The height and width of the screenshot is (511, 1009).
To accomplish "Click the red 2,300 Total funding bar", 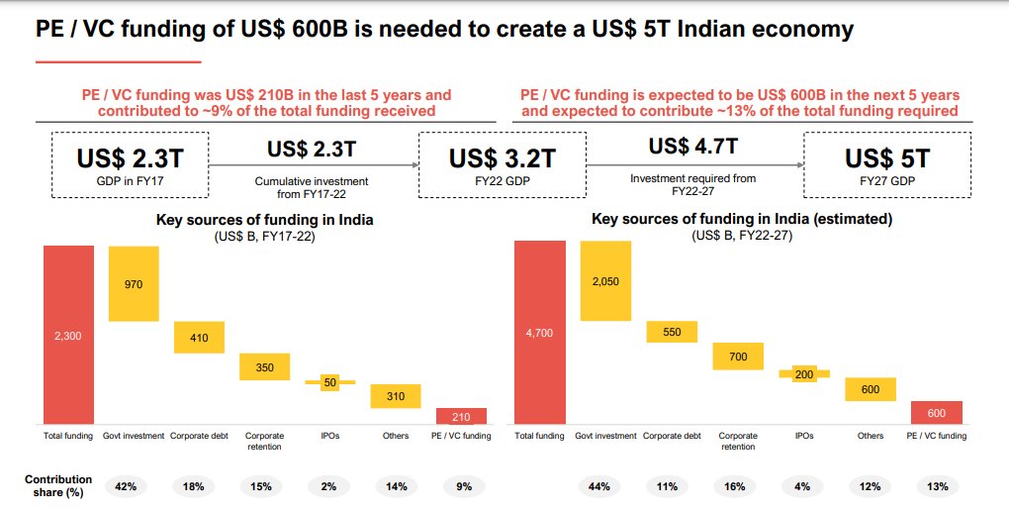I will pos(68,335).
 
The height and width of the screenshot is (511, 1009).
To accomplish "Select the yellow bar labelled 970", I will pos(134,283).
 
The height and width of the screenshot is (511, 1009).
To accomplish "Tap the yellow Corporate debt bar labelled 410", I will pos(199,338).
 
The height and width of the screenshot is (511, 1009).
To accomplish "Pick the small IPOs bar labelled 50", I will pos(329,382).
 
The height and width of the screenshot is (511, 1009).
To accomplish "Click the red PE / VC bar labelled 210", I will pos(461,416).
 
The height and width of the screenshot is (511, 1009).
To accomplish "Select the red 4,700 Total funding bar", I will pos(540,333).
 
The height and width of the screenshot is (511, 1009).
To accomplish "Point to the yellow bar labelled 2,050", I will pos(605,281).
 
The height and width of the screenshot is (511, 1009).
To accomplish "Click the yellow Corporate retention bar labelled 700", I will pos(738,356).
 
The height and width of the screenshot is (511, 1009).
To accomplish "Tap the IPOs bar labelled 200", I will pos(803,374).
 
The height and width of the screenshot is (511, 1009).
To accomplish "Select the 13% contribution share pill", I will pos(938,486).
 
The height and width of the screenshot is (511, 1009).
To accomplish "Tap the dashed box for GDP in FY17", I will pos(130,165).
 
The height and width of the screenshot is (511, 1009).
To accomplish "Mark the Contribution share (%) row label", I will pos(58,485).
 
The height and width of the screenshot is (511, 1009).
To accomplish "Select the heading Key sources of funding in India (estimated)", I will pos(742,219).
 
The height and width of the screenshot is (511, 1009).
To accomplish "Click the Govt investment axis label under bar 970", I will pos(134,436).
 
